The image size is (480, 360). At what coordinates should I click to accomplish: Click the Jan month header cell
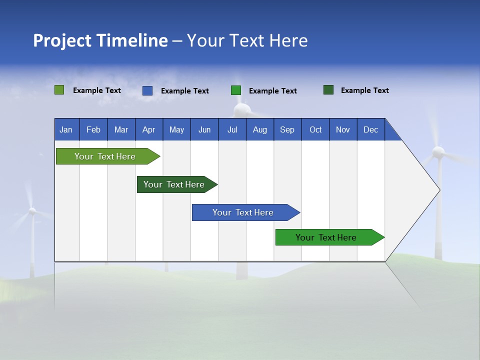[x=66, y=129]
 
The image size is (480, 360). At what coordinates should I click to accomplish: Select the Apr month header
[x=149, y=129]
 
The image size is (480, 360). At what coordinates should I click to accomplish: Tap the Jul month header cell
[x=232, y=129]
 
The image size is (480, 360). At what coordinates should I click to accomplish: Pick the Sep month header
[x=287, y=129]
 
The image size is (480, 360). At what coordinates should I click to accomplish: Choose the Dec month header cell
[x=370, y=129]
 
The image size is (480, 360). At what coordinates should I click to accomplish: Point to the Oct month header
[x=315, y=129]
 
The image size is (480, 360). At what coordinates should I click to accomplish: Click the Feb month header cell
[x=93, y=129]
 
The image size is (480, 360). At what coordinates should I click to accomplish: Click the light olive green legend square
[x=59, y=90]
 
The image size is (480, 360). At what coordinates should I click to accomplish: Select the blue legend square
[x=147, y=90]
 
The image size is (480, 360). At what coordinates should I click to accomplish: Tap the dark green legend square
[x=328, y=90]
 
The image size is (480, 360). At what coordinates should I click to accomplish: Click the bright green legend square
[x=236, y=90]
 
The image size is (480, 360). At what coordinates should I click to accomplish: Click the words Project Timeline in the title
[x=100, y=40]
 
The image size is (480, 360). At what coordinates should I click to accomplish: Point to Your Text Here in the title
[x=247, y=40]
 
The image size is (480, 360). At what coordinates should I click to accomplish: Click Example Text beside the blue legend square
[x=184, y=91]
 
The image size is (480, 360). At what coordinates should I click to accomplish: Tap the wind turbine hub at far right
[x=438, y=152]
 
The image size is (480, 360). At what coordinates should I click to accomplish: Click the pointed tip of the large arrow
[x=439, y=190]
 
